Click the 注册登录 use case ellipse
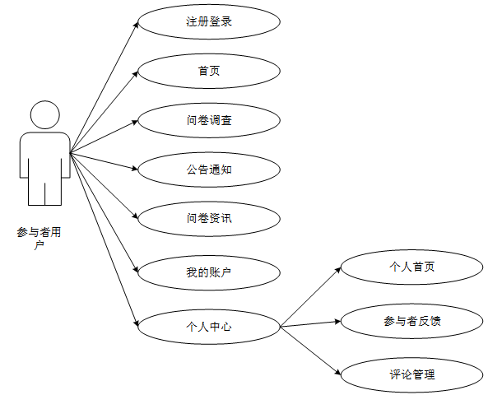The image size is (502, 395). (x=208, y=21)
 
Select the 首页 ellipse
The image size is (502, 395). (x=208, y=71)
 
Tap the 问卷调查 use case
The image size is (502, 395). (x=208, y=120)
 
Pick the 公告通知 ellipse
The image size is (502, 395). (x=208, y=170)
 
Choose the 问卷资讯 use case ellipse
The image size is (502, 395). (x=208, y=218)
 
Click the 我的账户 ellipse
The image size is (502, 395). (x=208, y=269)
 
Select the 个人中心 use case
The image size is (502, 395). (x=208, y=327)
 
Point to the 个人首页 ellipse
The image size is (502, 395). (x=411, y=267)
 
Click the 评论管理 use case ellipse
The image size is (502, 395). (x=411, y=375)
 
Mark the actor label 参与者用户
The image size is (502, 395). (x=39, y=239)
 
